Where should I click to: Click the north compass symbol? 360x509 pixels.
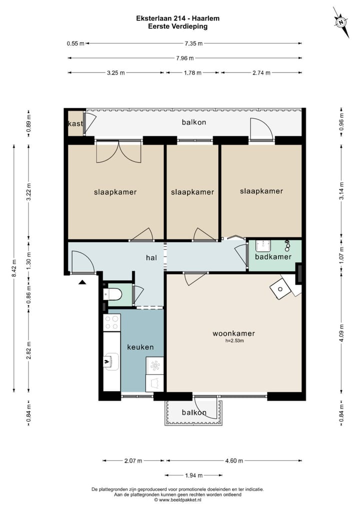[x=341, y=22]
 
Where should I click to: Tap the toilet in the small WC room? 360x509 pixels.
[x=112, y=294]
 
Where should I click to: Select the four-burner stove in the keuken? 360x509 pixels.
[x=111, y=322]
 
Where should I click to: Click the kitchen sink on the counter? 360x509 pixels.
[x=111, y=360]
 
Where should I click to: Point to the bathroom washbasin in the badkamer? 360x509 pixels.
[x=263, y=245]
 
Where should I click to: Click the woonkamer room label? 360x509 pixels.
[x=233, y=333]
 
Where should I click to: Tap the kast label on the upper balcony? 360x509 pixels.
[x=75, y=123]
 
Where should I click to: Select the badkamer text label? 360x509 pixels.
[x=273, y=257]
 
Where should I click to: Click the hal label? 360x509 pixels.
[x=151, y=257]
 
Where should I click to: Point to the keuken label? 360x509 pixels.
[x=140, y=347]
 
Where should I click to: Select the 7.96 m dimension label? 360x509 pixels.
[x=185, y=58]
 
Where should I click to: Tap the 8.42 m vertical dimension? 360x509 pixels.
[x=14, y=268]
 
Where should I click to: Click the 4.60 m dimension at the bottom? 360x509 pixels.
[x=234, y=460]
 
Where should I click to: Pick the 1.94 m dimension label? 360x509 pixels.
[x=194, y=475]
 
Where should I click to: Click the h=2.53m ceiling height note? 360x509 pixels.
[x=234, y=341]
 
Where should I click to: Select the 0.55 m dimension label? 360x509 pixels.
[x=75, y=43]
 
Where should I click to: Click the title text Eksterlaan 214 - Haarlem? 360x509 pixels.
[x=178, y=18]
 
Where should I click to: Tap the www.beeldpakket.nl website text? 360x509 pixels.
[x=180, y=500]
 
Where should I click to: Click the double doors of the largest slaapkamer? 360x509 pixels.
[x=119, y=151]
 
